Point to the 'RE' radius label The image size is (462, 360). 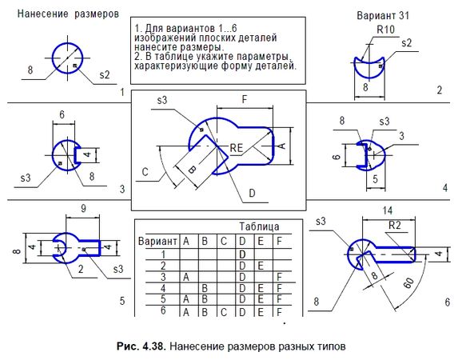(x=237, y=148)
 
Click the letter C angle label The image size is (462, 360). (x=145, y=171)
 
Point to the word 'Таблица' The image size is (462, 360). (x=259, y=226)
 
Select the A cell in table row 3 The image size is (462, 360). (x=185, y=276)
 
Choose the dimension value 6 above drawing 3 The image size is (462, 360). (x=62, y=115)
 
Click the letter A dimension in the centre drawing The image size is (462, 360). (x=281, y=146)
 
